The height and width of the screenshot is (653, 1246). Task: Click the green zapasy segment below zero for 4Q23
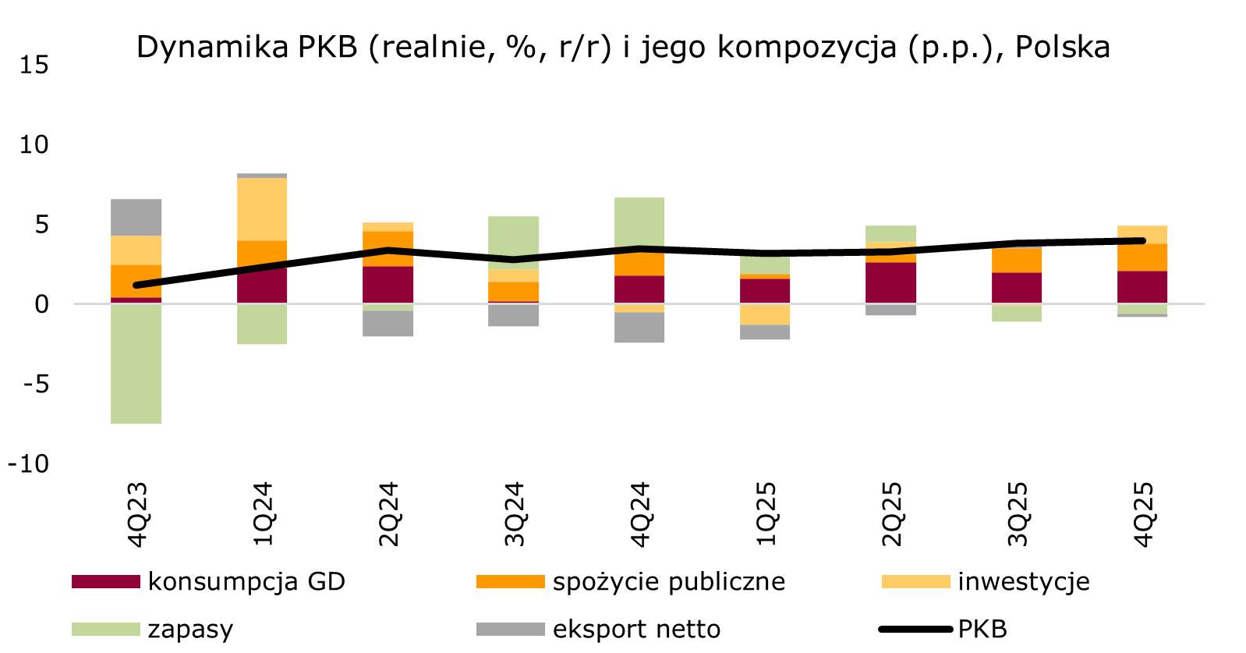pyautogui.click(x=136, y=364)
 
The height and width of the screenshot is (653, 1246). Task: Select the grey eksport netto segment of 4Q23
pyautogui.click(x=136, y=218)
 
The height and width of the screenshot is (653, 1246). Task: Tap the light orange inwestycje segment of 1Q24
pyautogui.click(x=262, y=209)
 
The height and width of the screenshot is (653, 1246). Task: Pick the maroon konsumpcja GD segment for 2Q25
pyautogui.click(x=890, y=282)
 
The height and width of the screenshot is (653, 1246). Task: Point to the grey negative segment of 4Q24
pyautogui.click(x=639, y=328)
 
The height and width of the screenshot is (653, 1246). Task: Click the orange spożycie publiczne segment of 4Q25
pyautogui.click(x=1142, y=258)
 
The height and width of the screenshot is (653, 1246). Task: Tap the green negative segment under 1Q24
pyautogui.click(x=262, y=324)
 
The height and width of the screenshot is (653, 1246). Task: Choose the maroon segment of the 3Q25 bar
pyautogui.click(x=1016, y=288)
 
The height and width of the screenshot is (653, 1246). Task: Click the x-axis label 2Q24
pyautogui.click(x=388, y=514)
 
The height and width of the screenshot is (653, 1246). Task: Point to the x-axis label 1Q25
pyautogui.click(x=765, y=514)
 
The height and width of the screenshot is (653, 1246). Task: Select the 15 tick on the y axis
pyautogui.click(x=34, y=65)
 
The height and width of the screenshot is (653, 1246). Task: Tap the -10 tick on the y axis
pyautogui.click(x=28, y=463)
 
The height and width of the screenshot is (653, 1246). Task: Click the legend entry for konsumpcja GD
pyautogui.click(x=246, y=582)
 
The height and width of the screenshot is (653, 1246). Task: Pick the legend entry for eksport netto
pyautogui.click(x=635, y=629)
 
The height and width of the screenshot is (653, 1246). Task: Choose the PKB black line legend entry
pyautogui.click(x=982, y=629)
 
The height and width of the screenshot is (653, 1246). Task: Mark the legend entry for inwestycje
pyautogui.click(x=1023, y=582)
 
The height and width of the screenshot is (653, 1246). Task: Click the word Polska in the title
pyautogui.click(x=1062, y=48)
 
